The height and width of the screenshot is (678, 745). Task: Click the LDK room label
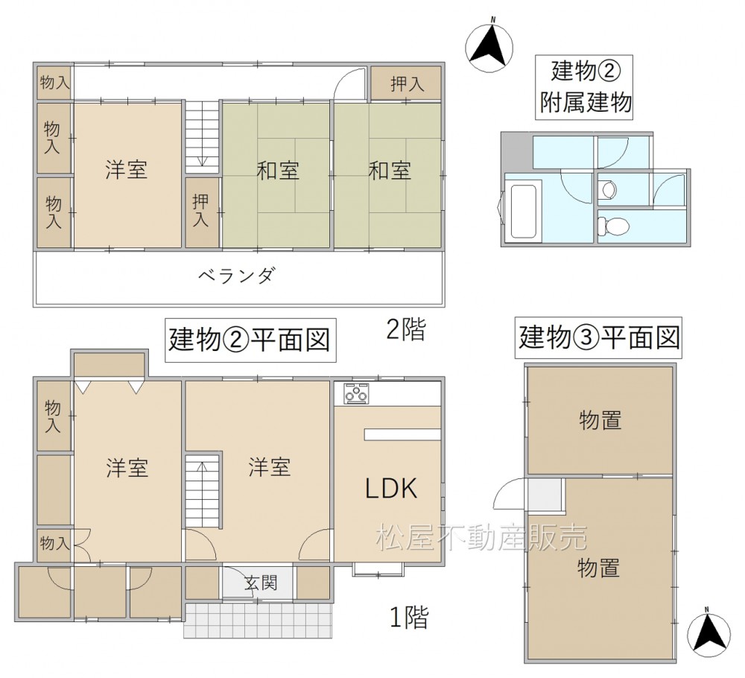click(x=391, y=488)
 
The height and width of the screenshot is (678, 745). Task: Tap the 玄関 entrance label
click(x=261, y=583)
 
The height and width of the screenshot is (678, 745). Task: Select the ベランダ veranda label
click(x=236, y=276)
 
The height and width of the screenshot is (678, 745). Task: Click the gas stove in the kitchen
click(x=356, y=393)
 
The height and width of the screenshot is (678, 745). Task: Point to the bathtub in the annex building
click(x=523, y=212)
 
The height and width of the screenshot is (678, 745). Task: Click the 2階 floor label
click(x=405, y=329)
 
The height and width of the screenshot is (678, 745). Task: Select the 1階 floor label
click(x=409, y=617)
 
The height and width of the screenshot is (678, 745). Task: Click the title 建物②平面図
click(x=250, y=340)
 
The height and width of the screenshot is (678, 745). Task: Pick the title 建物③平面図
click(x=599, y=338)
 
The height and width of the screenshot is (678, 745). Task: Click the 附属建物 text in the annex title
click(x=586, y=102)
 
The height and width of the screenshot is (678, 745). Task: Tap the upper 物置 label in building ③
click(x=600, y=420)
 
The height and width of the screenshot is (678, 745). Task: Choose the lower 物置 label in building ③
click(x=598, y=568)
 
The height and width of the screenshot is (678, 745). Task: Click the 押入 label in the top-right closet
click(x=408, y=84)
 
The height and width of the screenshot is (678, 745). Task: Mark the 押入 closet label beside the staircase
click(x=201, y=211)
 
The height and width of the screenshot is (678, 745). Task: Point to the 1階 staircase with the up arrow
click(x=202, y=490)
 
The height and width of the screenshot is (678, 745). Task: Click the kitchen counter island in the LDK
click(x=403, y=434)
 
